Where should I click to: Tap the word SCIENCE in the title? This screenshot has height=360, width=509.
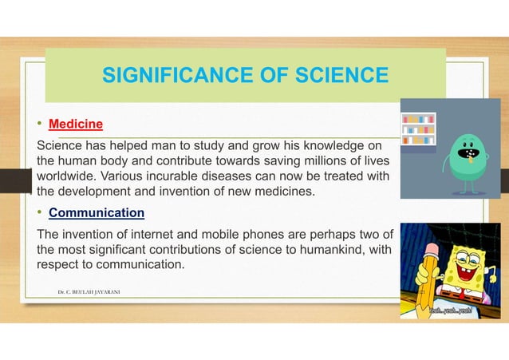[333, 76]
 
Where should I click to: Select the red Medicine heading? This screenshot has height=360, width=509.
[76, 125]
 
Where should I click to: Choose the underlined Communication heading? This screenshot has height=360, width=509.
[97, 213]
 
